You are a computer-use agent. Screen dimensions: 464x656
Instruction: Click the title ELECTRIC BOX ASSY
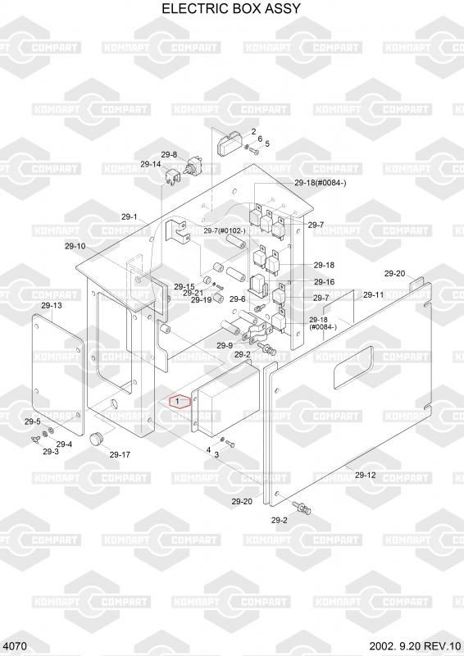pyautogui.click(x=231, y=8)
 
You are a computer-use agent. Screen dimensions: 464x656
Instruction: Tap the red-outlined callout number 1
pyautogui.click(x=178, y=401)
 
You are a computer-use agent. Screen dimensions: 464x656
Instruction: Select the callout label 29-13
pyautogui.click(x=52, y=305)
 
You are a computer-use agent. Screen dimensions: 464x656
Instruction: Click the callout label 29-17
pyautogui.click(x=120, y=454)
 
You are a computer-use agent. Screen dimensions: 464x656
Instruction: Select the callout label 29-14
pyautogui.click(x=150, y=164)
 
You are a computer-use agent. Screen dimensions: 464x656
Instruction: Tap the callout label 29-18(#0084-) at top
pyautogui.click(x=320, y=183)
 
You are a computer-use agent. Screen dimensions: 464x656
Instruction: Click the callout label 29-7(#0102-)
pyautogui.click(x=225, y=231)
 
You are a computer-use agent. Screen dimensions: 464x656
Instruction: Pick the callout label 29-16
pyautogui.click(x=325, y=282)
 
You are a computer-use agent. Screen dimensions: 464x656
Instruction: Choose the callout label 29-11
pyautogui.click(x=373, y=295)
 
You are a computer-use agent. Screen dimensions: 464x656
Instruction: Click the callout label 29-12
pyautogui.click(x=366, y=475)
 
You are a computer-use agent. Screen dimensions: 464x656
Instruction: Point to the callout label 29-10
pyautogui.click(x=75, y=246)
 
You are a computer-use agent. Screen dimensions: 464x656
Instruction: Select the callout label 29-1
pyautogui.click(x=130, y=216)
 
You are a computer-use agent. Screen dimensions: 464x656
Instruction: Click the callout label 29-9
pyautogui.click(x=225, y=345)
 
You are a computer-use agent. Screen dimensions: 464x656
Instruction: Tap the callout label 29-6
pyautogui.click(x=237, y=298)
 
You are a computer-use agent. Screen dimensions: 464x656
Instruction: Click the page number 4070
pyautogui.click(x=17, y=646)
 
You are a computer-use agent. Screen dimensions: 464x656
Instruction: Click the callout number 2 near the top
pyautogui.click(x=253, y=131)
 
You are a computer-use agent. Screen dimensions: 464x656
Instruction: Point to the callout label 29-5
pyautogui.click(x=33, y=421)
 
